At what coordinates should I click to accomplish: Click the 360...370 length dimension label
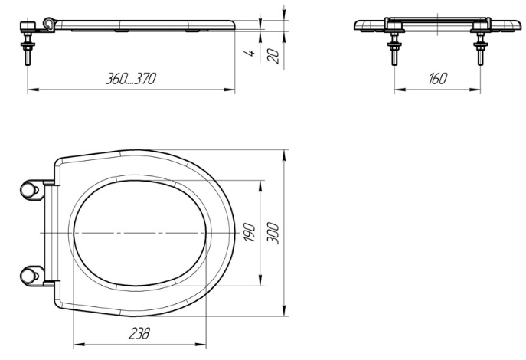coord(131,79)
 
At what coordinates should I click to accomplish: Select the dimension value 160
coord(438,79)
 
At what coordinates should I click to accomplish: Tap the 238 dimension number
coord(139,333)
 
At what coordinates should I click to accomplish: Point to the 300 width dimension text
coord(273,233)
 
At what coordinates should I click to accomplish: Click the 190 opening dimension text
coord(250,232)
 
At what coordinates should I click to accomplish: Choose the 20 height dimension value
coord(273,56)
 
